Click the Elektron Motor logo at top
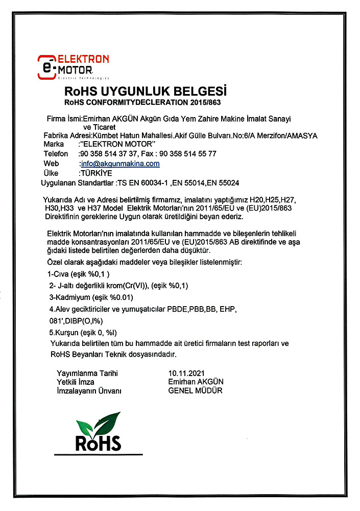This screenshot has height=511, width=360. coord(73,65)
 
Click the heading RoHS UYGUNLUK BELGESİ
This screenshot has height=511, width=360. coord(146,92)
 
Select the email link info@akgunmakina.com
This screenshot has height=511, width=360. coord(121,164)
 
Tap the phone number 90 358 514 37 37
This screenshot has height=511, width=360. coord(108,154)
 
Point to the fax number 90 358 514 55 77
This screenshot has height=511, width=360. coord(188,154)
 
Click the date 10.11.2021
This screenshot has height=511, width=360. coord(187,374)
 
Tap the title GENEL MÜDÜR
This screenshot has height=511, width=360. coord(196,391)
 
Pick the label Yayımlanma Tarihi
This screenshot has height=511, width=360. coord(87,374)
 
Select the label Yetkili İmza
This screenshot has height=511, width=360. coord(77,382)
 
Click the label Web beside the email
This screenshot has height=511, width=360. coord(52,164)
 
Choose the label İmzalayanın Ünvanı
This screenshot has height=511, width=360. coord(89,391)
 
